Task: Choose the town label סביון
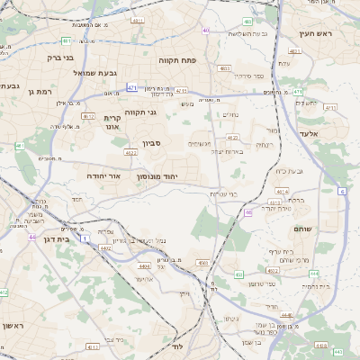(151, 142)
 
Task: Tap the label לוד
(177, 346)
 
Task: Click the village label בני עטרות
(222, 193)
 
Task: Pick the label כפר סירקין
(247, 76)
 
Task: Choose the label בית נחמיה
(315, 285)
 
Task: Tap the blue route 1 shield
(85, 238)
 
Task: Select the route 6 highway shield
(343, 191)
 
